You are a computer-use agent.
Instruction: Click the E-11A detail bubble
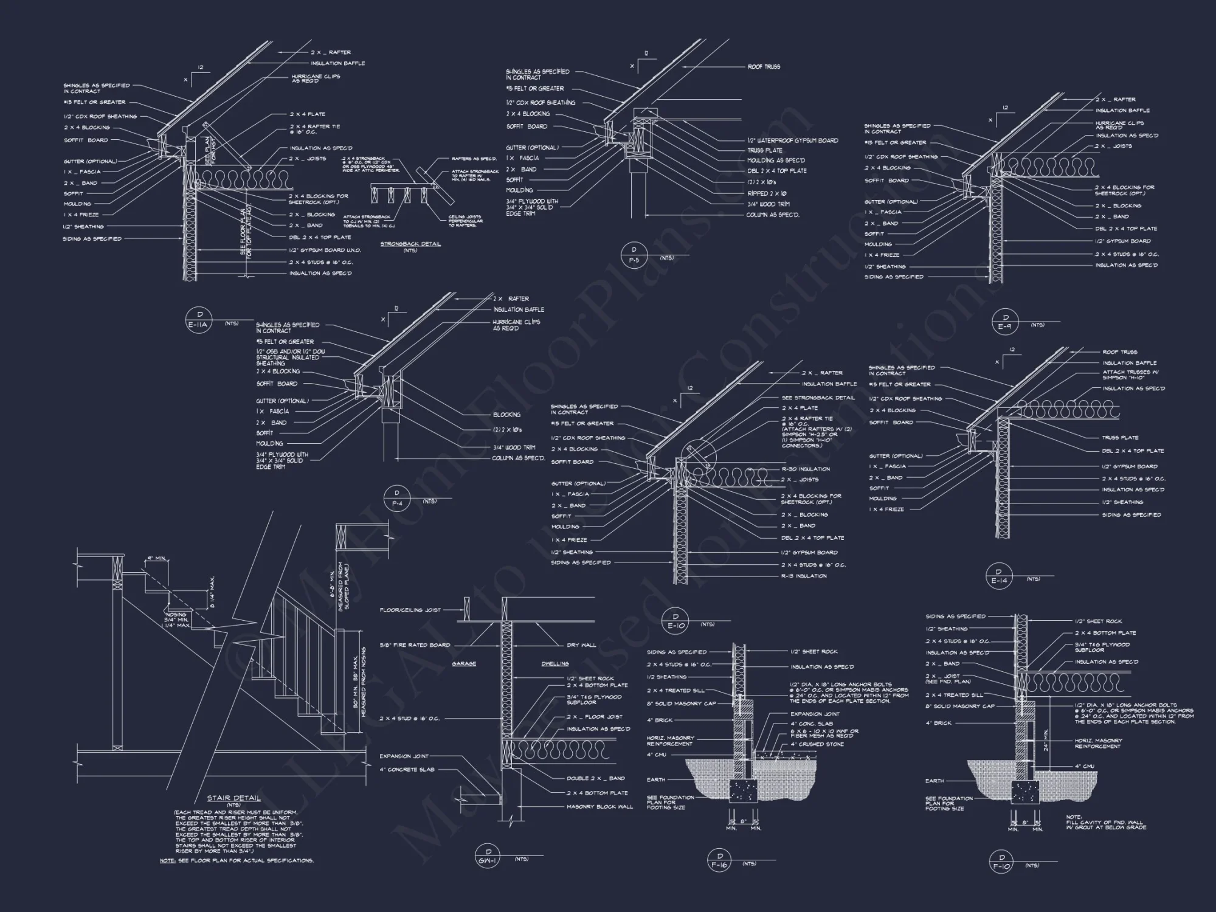[x=198, y=322]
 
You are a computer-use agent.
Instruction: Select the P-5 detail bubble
[x=634, y=255]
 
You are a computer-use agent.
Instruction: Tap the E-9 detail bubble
[x=1005, y=322]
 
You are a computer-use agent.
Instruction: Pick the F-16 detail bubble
[x=719, y=860]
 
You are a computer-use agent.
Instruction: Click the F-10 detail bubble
[x=1001, y=862]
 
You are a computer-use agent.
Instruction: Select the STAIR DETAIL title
[x=233, y=798]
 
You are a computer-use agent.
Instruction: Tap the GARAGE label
[x=464, y=663]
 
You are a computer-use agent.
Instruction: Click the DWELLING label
[x=554, y=663]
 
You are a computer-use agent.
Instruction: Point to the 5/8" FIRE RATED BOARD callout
[x=415, y=645]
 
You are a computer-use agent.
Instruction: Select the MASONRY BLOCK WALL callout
[x=599, y=807]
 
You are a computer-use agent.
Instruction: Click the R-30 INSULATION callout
[x=806, y=469]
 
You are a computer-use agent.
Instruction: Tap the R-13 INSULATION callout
[x=804, y=576]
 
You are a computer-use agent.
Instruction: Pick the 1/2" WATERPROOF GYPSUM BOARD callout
[x=793, y=140]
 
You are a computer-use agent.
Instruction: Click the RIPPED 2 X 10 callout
[x=767, y=193]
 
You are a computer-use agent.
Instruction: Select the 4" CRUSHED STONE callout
[x=817, y=744]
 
